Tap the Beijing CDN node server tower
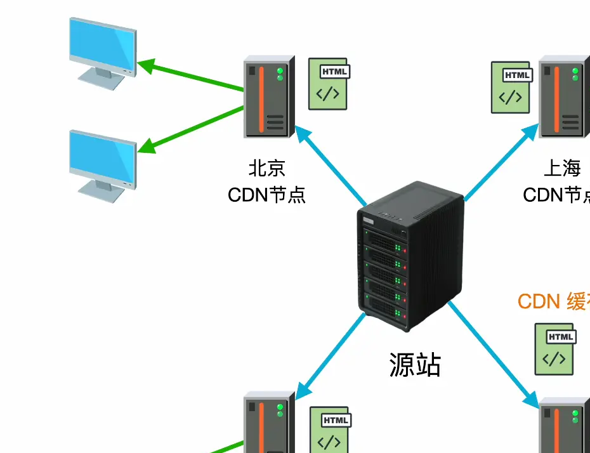[268, 97]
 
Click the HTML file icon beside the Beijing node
[329, 84]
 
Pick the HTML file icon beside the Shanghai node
[511, 88]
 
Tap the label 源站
[415, 365]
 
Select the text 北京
[266, 168]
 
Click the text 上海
[562, 168]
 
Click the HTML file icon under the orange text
[554, 348]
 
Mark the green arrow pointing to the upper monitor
[190, 77]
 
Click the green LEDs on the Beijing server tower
[280, 74]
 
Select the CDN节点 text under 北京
[266, 194]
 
